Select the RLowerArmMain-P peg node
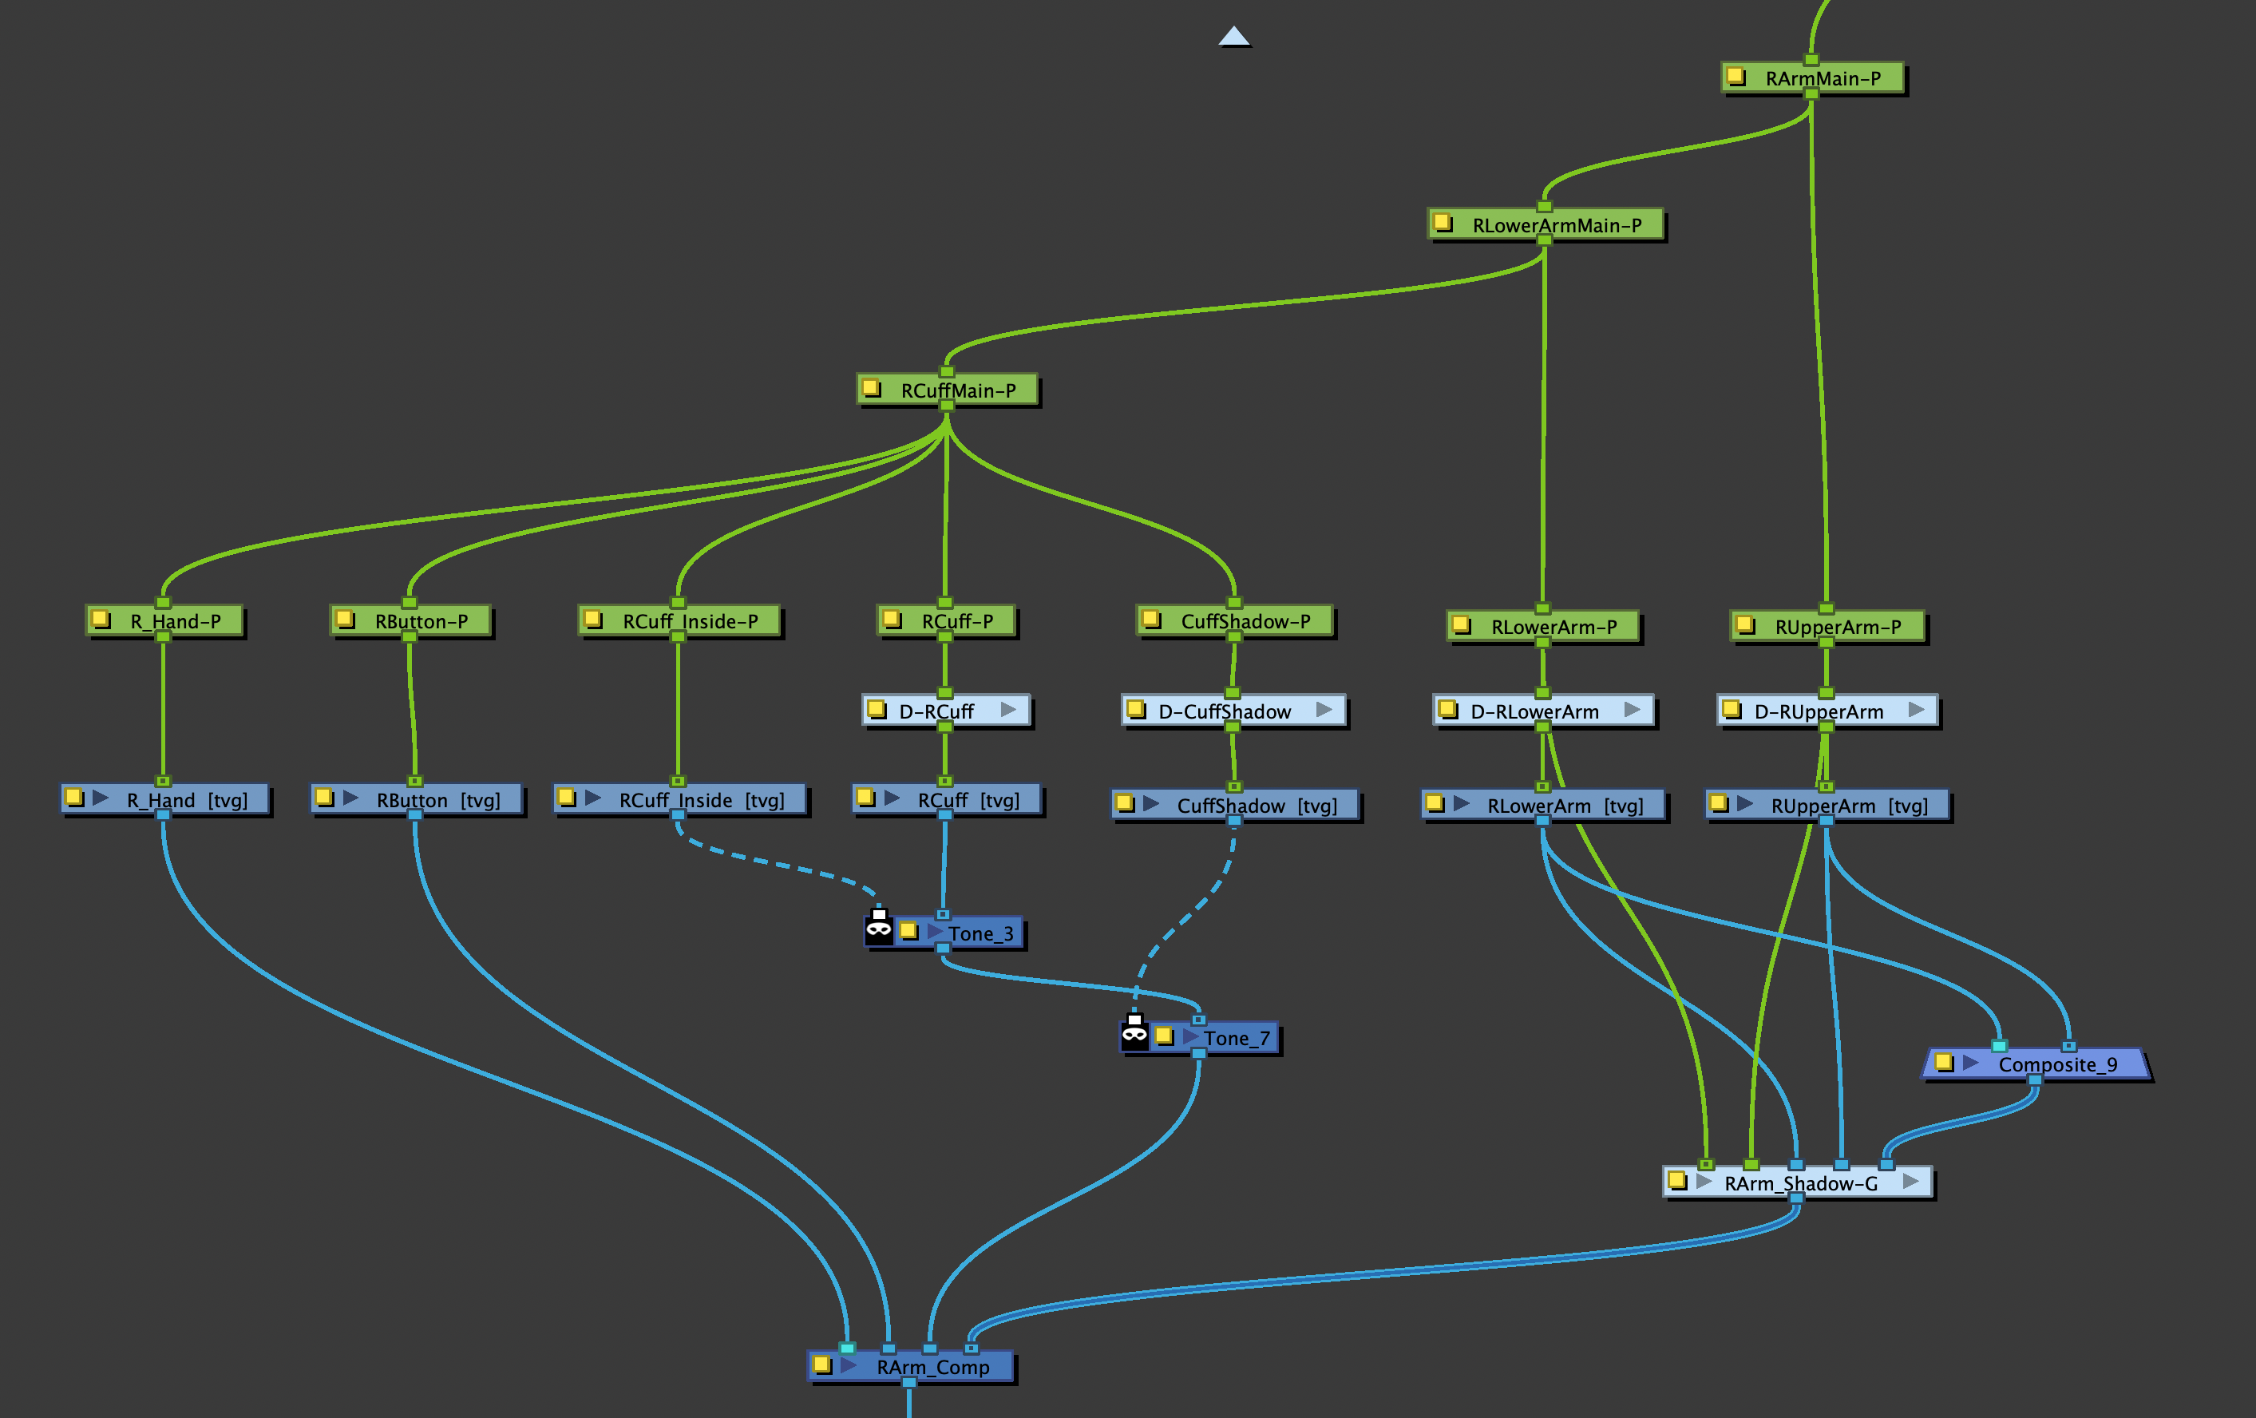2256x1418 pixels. coord(1555,225)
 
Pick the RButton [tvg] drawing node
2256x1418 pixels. coord(437,799)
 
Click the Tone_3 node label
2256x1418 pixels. coord(980,933)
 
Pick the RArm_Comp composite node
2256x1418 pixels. coord(932,1366)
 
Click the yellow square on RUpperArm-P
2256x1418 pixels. coord(1744,624)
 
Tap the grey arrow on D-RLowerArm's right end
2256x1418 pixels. coord(1632,710)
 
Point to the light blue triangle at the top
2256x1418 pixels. coord(1234,37)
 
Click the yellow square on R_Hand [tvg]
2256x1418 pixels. coord(75,798)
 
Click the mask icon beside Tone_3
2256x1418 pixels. coord(879,927)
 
